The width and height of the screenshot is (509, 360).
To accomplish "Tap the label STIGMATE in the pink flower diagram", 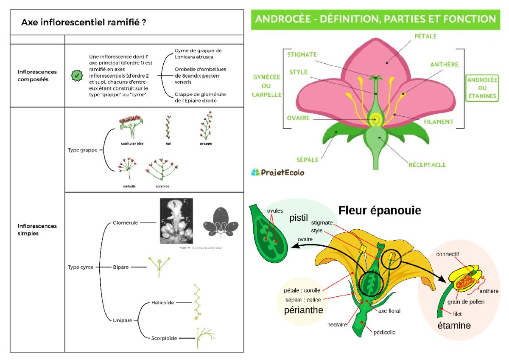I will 302,54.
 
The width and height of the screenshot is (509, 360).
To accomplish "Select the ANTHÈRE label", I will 444,65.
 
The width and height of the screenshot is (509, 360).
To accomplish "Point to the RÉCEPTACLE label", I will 427,164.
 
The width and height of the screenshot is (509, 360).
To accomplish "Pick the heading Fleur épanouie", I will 380,210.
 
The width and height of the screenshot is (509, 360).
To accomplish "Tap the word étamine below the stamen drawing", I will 454,326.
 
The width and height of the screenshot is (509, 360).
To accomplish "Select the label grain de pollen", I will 466,302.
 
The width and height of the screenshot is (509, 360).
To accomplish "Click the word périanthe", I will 303,310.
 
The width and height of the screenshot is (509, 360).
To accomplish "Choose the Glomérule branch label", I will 125,222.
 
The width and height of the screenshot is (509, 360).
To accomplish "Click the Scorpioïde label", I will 164,338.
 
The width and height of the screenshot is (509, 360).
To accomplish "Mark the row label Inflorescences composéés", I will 37,76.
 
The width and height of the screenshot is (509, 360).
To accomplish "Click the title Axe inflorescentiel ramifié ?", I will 84,22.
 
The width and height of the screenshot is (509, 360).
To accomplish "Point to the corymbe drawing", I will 162,169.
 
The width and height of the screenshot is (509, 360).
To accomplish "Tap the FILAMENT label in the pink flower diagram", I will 438,121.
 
